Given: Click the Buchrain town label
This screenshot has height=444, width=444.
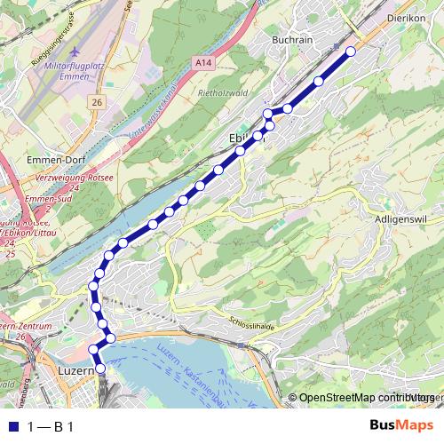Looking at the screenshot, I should [295, 40].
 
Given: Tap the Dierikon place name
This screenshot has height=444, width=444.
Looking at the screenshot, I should [408, 17].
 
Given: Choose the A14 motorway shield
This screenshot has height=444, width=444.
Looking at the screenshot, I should [202, 62].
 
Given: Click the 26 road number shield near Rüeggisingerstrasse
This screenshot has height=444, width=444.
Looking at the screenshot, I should [97, 103].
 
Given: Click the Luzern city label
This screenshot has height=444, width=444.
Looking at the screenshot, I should [75, 369].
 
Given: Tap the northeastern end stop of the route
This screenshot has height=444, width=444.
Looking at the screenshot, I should [350, 52].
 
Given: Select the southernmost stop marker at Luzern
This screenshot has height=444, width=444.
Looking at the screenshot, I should [99, 368].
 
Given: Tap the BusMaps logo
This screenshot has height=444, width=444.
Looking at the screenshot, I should [401, 426].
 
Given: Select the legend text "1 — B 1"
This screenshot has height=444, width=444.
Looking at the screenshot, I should [51, 426].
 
